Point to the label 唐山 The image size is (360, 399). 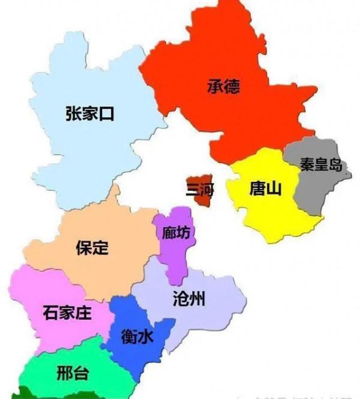pos(264,190)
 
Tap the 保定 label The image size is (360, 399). pos(92,247)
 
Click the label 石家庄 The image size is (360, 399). pos(67,313)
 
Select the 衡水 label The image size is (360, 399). pos(137,337)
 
